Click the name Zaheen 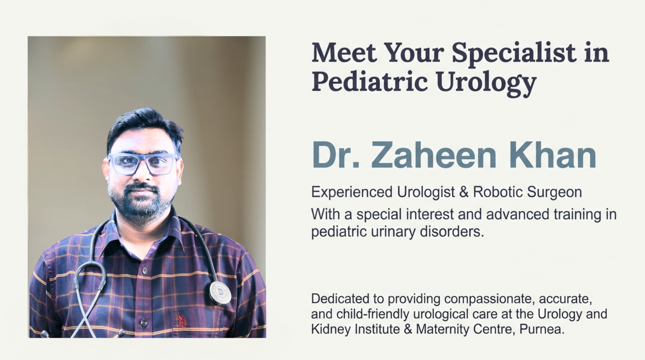click(434, 156)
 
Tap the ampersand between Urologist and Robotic click(464, 192)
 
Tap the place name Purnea click(542, 329)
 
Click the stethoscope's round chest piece click(220, 292)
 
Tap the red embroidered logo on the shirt click(181, 321)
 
